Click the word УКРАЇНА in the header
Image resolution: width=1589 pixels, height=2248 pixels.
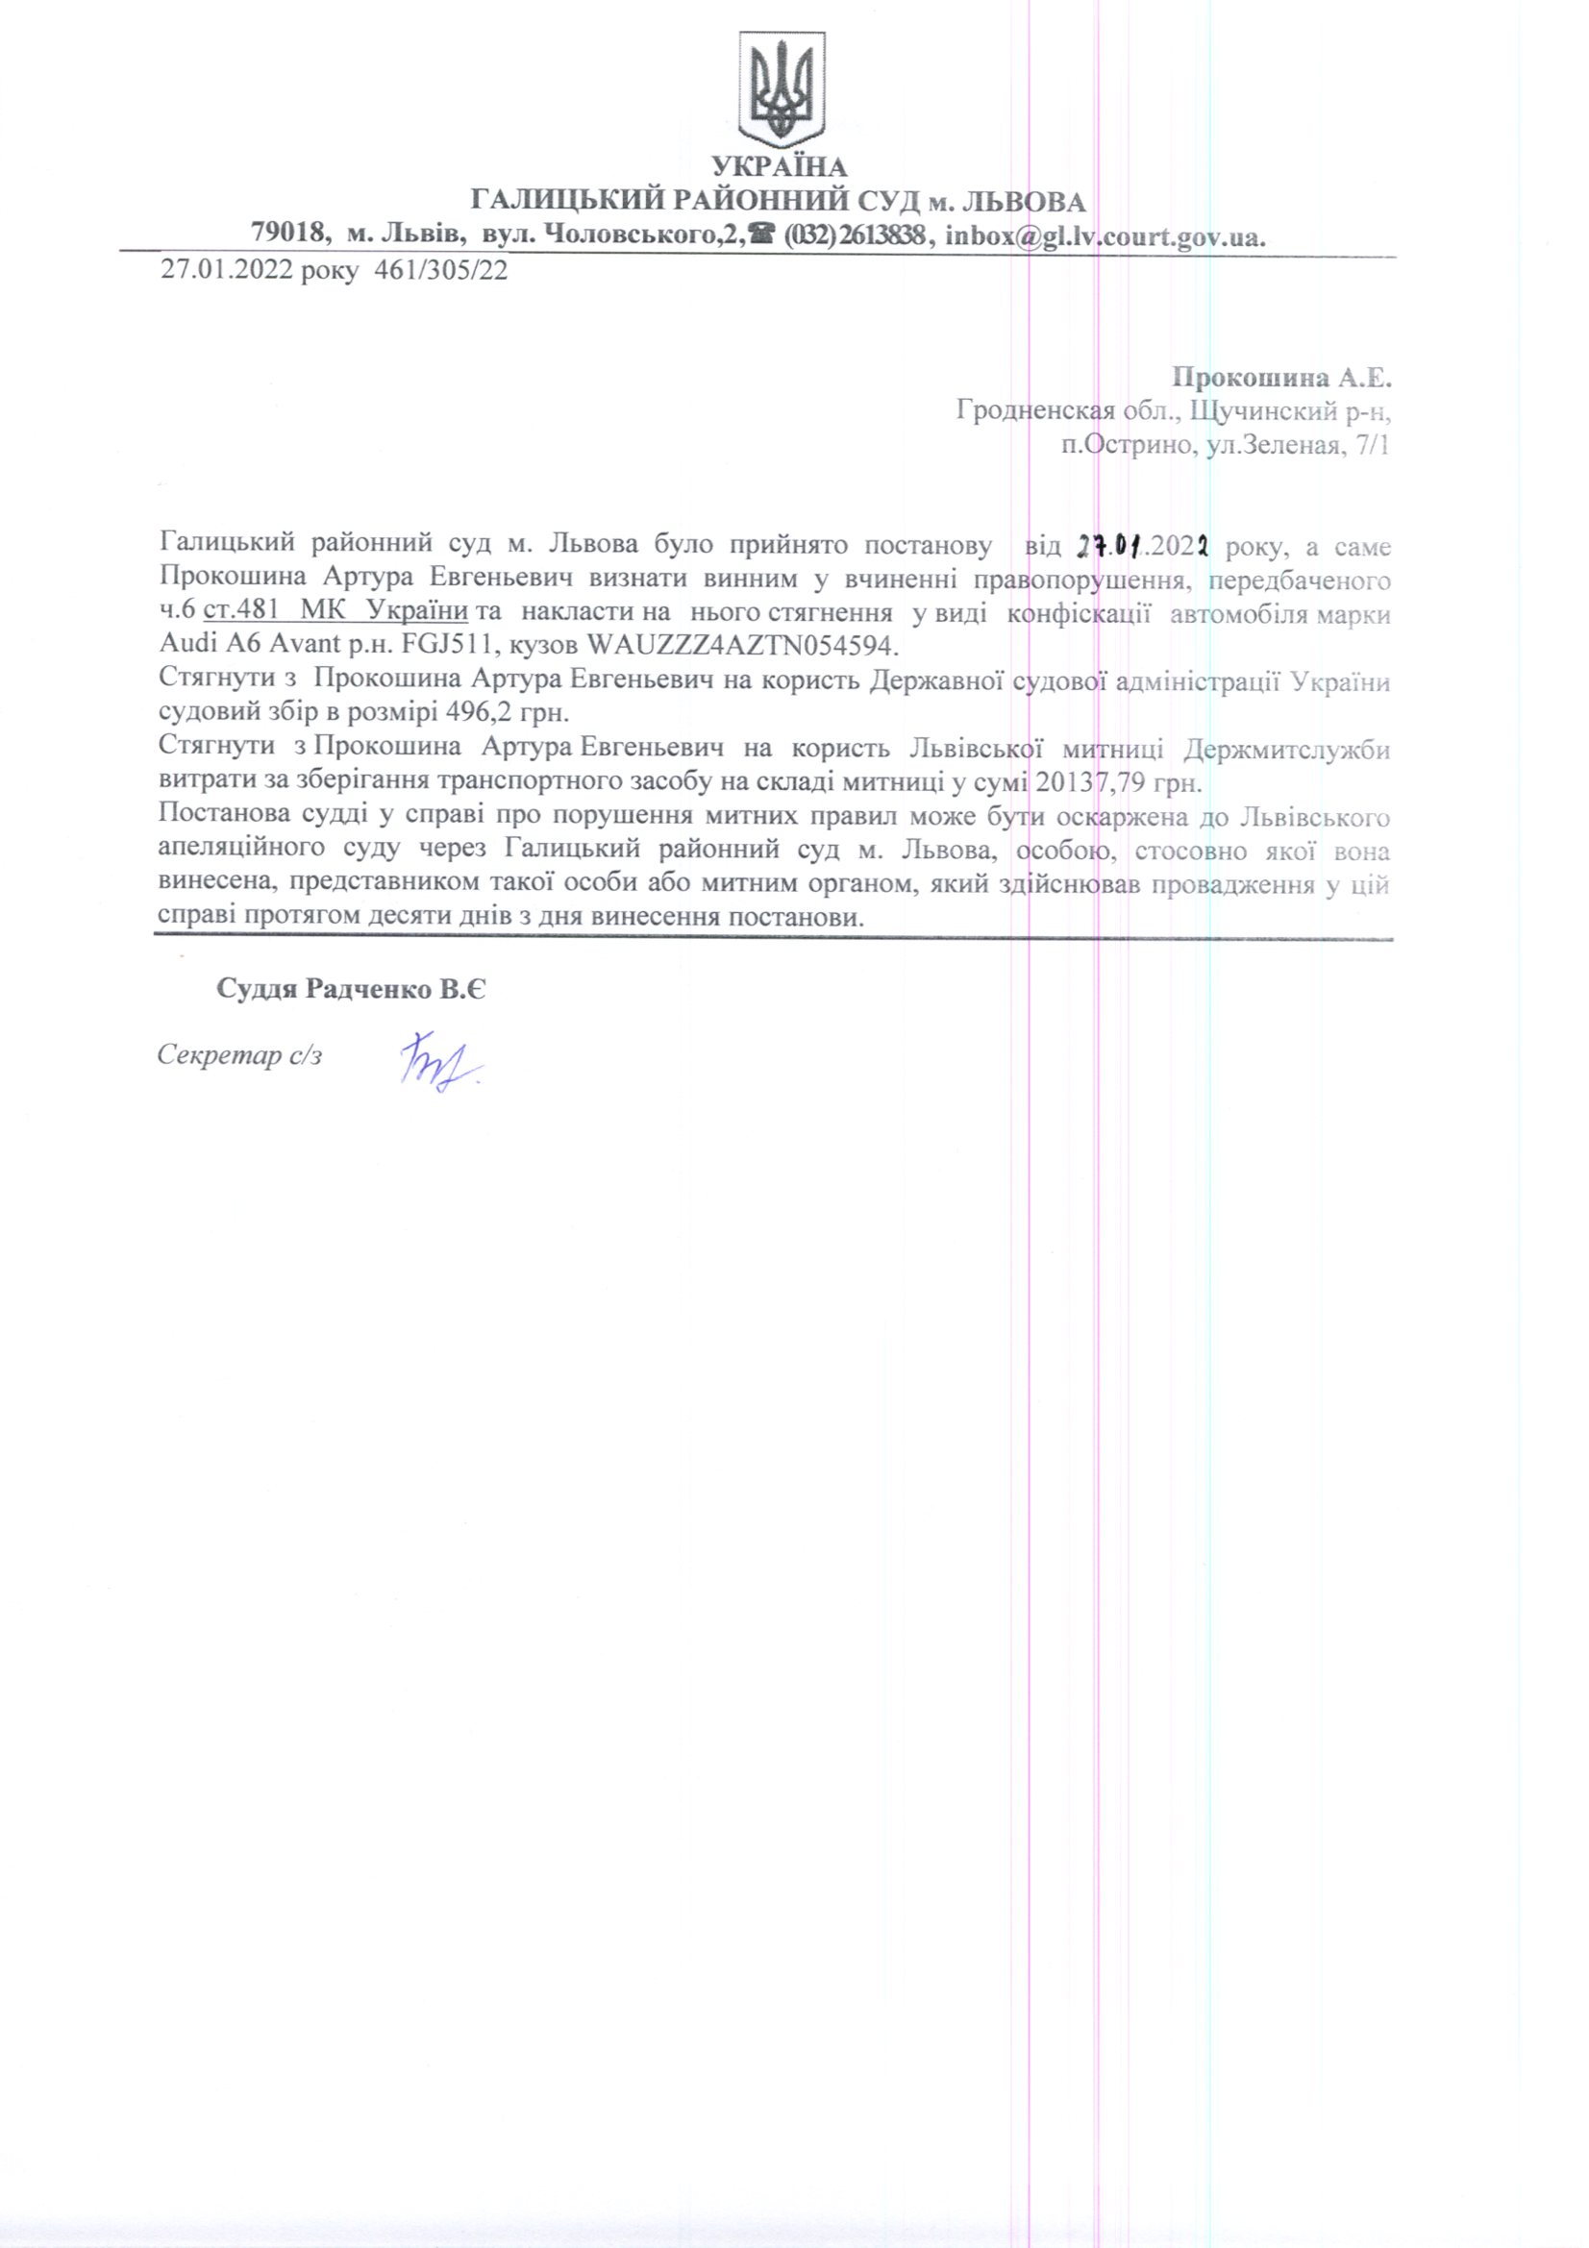(x=780, y=166)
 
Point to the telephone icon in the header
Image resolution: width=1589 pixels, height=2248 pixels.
(x=757, y=234)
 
